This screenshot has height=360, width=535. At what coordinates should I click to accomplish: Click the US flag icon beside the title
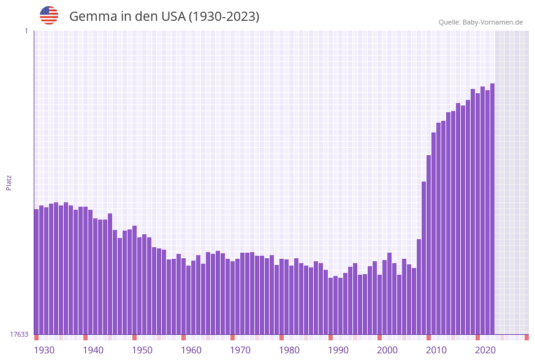(x=49, y=15)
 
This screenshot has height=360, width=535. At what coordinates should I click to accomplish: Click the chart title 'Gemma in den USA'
(x=164, y=17)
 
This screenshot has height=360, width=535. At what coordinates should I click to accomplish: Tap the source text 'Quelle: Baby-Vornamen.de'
(x=480, y=22)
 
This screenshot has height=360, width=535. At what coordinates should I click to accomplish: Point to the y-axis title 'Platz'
(x=9, y=183)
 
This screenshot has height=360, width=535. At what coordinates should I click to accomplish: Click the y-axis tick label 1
(x=26, y=31)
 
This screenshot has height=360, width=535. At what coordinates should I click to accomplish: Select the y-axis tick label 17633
(x=19, y=334)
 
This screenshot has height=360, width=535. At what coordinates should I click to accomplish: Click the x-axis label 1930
(x=44, y=350)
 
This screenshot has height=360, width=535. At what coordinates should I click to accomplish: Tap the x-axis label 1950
(x=142, y=350)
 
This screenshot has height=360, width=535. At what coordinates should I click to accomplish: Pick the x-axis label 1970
(x=240, y=350)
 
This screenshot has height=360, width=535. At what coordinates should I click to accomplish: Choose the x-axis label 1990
(x=338, y=350)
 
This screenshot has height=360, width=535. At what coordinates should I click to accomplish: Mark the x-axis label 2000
(x=387, y=350)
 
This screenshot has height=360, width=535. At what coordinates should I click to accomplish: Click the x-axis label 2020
(x=485, y=350)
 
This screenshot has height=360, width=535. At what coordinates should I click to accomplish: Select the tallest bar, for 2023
(x=492, y=209)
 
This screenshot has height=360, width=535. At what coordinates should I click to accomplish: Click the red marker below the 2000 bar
(x=379, y=337)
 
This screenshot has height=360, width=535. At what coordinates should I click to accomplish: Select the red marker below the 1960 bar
(x=183, y=337)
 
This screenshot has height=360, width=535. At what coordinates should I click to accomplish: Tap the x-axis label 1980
(x=289, y=350)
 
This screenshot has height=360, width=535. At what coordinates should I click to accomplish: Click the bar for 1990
(x=330, y=306)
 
